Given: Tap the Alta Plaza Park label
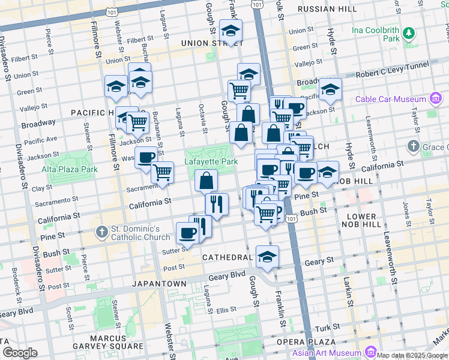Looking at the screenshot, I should (69, 169).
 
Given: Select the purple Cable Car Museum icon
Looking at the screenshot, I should (436, 99).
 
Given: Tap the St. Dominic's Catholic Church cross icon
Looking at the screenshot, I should (103, 231).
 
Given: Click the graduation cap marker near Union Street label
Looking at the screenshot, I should (231, 29).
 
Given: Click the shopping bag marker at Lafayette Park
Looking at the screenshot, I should (206, 180).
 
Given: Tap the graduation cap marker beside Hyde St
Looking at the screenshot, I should (330, 89).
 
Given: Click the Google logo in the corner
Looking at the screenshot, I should (20, 352).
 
